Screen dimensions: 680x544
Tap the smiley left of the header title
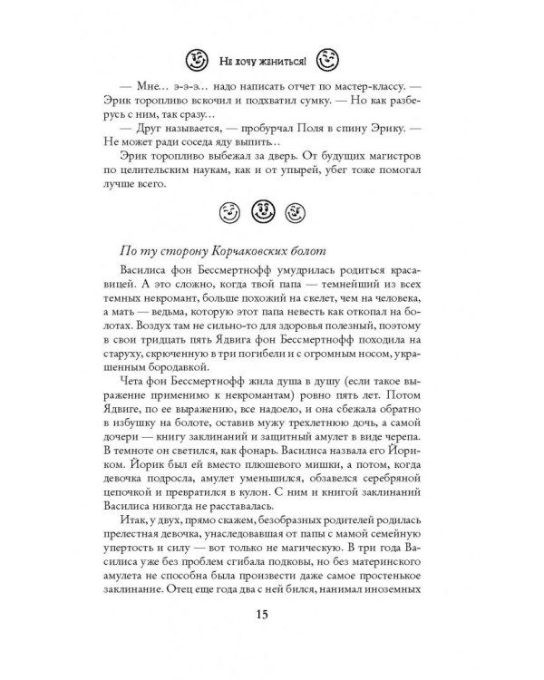195,61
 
